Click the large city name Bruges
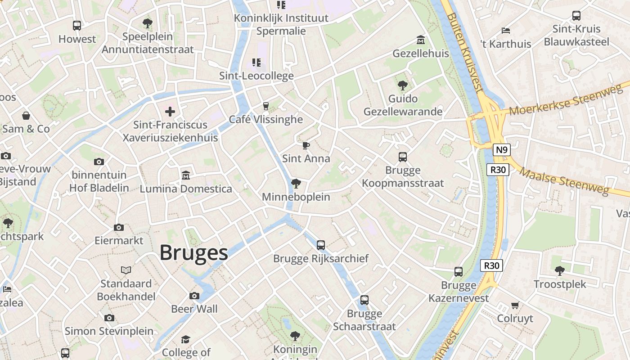pyautogui.click(x=193, y=253)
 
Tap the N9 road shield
pyautogui.click(x=501, y=150)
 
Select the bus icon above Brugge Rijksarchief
pyautogui.click(x=320, y=245)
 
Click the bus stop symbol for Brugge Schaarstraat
pyautogui.click(x=364, y=300)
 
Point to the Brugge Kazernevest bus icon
pyautogui.click(x=458, y=272)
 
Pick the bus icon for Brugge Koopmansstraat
pyautogui.click(x=403, y=157)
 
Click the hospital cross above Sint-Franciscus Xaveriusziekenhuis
pyautogui.click(x=170, y=111)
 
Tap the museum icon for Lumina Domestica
pyautogui.click(x=185, y=175)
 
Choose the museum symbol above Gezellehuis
pyautogui.click(x=421, y=40)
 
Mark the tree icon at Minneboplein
pyautogui.click(x=296, y=183)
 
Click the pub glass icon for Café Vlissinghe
pyautogui.click(x=265, y=106)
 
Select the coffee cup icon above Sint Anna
pyautogui.click(x=306, y=145)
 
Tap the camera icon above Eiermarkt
pyautogui.click(x=119, y=227)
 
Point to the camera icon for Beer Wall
pyautogui.click(x=194, y=296)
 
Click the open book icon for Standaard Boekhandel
pyautogui.click(x=126, y=270)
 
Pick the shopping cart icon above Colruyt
pyautogui.click(x=515, y=305)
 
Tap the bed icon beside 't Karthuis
pyautogui.click(x=506, y=31)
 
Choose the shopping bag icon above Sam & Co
pyautogui.click(x=26, y=116)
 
